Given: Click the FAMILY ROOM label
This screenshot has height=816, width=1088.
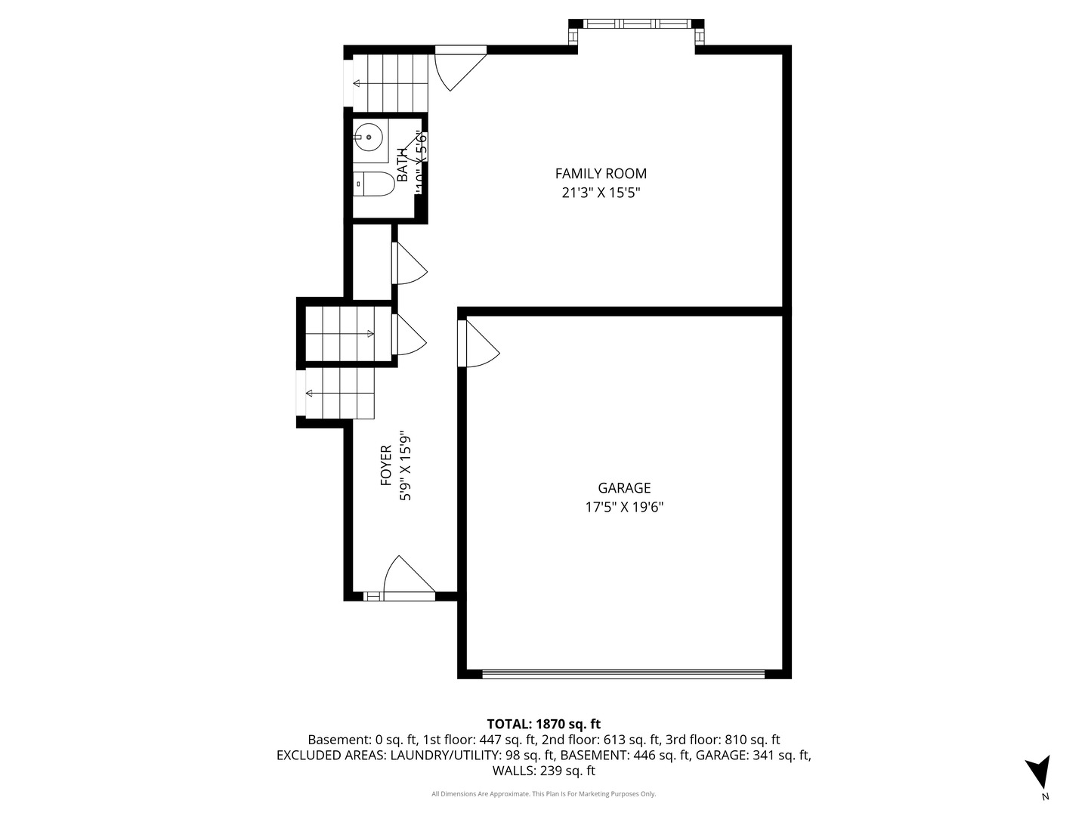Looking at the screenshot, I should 601,174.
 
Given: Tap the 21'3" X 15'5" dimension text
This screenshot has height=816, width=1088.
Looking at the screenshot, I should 601,192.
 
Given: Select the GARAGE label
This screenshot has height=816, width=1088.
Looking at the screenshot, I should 624,488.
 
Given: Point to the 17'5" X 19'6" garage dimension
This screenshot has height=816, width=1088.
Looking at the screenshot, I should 624,507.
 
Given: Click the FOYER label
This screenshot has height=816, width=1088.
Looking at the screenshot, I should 386,465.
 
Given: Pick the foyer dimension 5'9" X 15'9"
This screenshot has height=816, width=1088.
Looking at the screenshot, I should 406,465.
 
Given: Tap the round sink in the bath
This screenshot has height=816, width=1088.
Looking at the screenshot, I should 368,138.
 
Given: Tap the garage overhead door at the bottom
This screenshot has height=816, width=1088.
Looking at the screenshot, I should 623,672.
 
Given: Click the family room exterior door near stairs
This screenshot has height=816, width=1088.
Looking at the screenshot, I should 459,66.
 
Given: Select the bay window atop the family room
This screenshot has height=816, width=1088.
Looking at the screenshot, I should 635,24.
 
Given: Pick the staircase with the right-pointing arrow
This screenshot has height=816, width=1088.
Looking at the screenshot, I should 348,333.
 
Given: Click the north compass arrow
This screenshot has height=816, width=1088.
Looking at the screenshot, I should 1038,773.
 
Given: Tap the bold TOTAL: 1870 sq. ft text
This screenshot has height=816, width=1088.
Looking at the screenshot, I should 543,724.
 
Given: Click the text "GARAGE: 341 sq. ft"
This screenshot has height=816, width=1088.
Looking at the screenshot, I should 753,755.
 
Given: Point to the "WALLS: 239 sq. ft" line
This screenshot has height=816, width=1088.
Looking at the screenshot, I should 543,771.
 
